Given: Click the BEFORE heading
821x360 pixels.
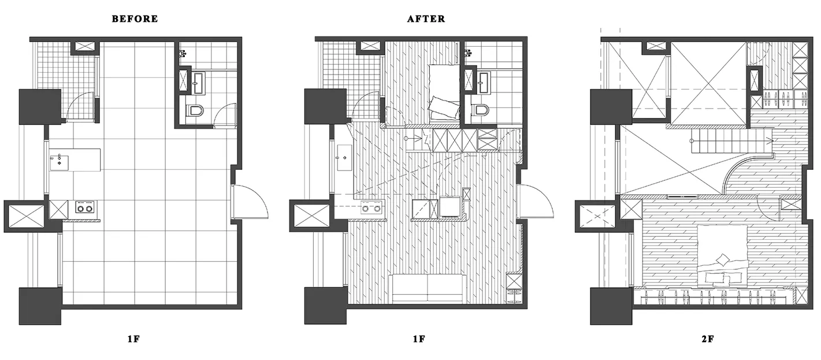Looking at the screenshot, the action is pos(135,18).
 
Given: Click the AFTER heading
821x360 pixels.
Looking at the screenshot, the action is pos(426,18).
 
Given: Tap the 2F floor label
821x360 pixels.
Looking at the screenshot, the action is pos(708,339).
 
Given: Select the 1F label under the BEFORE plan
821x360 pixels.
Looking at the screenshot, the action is pos(134,339).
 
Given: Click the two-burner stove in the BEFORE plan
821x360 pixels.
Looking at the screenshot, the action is pos(84,207).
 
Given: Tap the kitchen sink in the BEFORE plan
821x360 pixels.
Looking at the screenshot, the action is pos(59,162).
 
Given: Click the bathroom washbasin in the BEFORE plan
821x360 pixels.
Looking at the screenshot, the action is pos(199,83).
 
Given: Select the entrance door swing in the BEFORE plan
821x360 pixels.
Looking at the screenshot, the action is pos(250,202).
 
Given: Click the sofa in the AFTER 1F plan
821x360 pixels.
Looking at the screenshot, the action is pos(428,288).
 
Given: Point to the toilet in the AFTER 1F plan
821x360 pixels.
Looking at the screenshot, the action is pos(480,110).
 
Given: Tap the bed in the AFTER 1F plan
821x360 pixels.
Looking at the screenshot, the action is pos(444,92).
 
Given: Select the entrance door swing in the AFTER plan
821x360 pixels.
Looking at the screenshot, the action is pos(536,202).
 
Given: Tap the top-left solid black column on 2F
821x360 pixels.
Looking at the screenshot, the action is pos(611,107).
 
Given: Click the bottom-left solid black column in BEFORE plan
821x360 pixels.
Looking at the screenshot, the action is pos(40,306).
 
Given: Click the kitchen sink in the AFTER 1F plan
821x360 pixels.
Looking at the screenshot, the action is pos(344,158).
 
